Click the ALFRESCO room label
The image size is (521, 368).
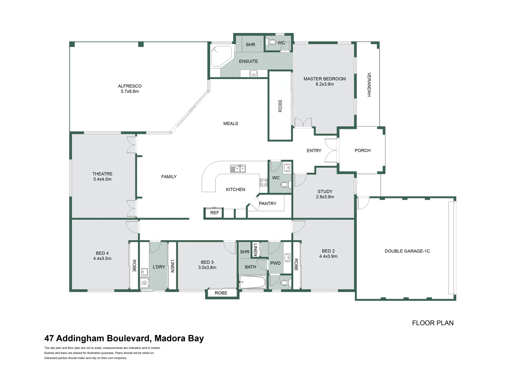coord(130,86)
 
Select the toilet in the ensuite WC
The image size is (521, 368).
coord(272,43)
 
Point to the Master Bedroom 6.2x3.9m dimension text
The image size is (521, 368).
coord(325,84)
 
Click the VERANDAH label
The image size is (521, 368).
coord(369,85)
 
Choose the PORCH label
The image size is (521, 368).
coord(362,150)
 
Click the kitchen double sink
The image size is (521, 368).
coord(238,169)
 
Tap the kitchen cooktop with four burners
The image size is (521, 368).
coord(264,182)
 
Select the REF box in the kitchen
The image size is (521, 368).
coord(214,213)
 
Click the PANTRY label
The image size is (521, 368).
coord(268,203)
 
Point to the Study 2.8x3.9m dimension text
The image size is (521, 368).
coord(325,197)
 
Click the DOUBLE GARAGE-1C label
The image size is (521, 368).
coord(407,251)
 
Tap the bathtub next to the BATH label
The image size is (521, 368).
coord(252,282)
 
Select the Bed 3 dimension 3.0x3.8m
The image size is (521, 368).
coord(207,267)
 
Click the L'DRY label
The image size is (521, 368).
coord(159,267)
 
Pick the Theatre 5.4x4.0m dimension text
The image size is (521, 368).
coord(102,179)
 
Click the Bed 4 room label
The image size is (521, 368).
coord(102,253)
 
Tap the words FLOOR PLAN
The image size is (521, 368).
coord(433,323)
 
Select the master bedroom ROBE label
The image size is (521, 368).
coord(280,106)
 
